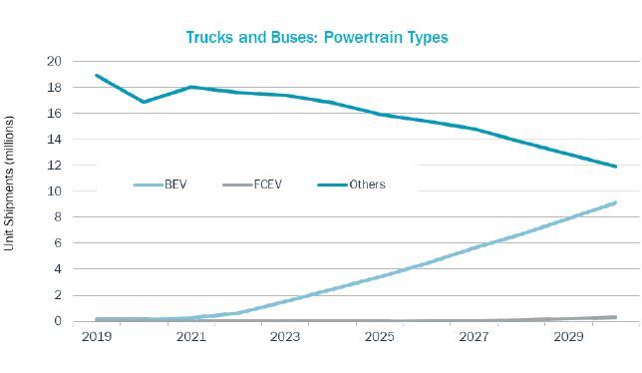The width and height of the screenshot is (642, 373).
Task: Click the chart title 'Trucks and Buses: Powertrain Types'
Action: (318, 37)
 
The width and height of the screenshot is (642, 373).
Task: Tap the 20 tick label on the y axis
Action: (54, 62)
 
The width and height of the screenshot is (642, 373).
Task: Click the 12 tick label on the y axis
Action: (54, 166)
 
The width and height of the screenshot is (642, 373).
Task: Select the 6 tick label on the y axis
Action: (58, 243)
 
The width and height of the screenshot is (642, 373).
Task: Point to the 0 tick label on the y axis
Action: (58, 321)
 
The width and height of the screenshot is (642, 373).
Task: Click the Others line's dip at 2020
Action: (144, 102)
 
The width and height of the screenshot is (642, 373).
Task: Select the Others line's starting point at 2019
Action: (97, 76)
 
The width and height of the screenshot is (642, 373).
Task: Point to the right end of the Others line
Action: (615, 167)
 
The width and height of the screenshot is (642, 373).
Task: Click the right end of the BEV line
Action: (615, 202)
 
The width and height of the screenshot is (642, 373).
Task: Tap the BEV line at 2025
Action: (380, 276)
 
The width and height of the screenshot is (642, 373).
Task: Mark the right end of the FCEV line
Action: (615, 317)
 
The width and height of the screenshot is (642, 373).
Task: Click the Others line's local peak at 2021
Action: (190, 87)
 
